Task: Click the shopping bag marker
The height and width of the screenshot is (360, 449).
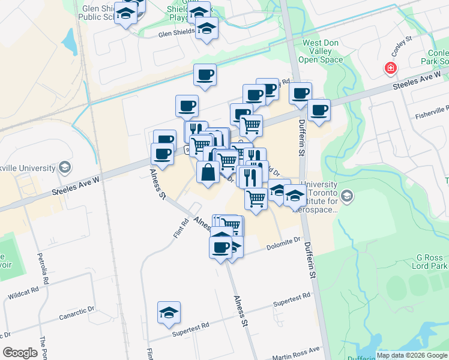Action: point(208,173)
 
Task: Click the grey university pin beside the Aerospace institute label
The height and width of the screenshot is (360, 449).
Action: point(347,196)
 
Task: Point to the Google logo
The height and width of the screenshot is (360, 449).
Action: point(20,353)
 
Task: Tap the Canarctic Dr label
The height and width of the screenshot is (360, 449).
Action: point(77,313)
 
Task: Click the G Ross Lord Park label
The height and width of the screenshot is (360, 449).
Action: point(430,261)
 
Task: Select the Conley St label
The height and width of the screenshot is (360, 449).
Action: point(400,46)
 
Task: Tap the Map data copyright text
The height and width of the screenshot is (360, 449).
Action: point(412,355)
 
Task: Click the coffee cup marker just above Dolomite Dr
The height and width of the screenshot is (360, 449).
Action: point(220,246)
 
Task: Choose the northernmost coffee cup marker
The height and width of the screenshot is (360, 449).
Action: point(205,75)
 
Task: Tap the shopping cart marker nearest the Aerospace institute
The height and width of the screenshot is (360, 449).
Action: point(256,197)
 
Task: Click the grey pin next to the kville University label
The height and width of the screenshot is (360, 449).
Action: point(65,167)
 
